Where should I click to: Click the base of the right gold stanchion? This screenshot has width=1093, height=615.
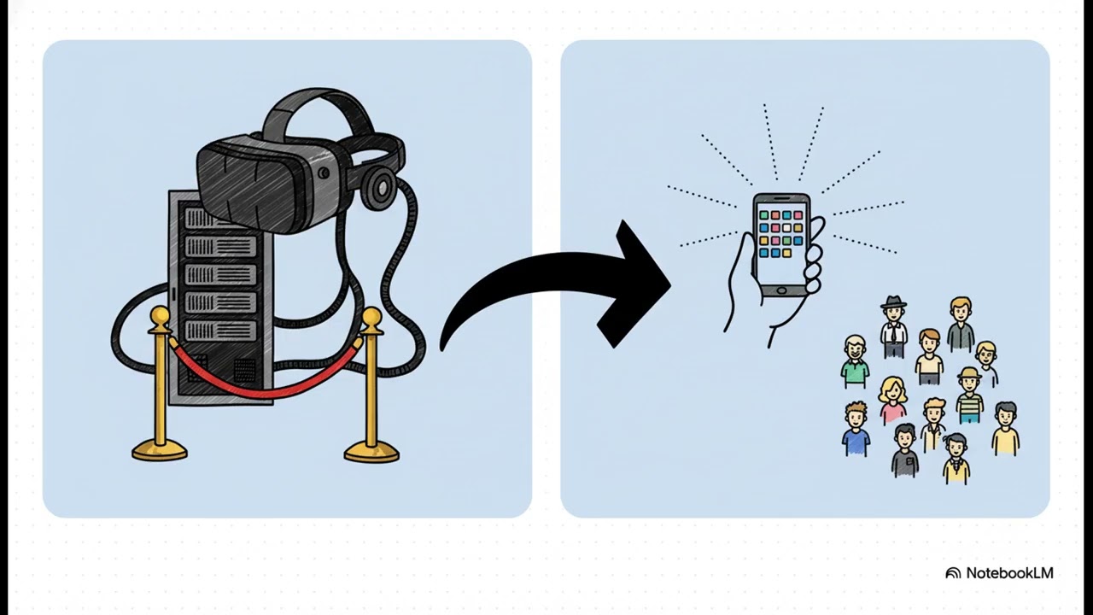click(371, 452)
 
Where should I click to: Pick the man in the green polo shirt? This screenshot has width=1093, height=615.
click(855, 362)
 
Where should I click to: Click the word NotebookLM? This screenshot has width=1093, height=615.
click(1009, 573)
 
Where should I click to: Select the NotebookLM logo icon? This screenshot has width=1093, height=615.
click(953, 573)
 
